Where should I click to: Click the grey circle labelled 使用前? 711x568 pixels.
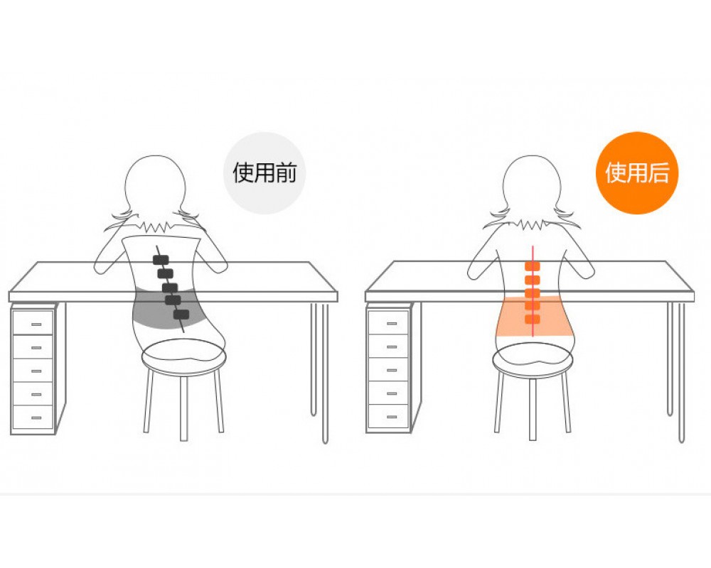(264, 173)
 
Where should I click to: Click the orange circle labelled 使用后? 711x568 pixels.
(636, 173)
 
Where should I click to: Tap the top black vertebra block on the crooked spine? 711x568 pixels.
(161, 260)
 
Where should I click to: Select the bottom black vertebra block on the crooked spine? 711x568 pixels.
(181, 315)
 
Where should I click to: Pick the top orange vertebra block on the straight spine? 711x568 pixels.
(533, 266)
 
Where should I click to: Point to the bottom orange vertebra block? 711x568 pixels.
(533, 319)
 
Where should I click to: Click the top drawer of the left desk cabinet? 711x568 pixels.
(33, 322)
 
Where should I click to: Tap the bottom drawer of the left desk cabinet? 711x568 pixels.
(33, 417)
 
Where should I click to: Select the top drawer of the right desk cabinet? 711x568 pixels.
(389, 322)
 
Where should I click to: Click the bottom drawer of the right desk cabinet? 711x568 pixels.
(389, 416)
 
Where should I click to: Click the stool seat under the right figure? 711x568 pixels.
(533, 359)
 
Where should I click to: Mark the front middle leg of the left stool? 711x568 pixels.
(183, 408)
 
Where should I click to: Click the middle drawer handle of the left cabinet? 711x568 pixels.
(36, 371)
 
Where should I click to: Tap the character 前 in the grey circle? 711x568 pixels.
(286, 173)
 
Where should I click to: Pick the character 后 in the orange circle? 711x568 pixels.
(658, 173)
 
